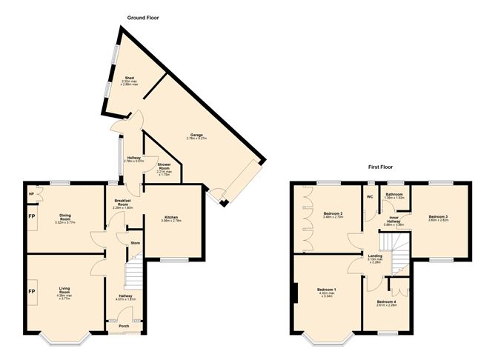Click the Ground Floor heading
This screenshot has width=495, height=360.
[144, 16]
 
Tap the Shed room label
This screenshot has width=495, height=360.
[129, 77]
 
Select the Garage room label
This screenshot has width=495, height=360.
[196, 135]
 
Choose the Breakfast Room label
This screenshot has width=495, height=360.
[122, 202]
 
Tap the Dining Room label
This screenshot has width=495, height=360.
[65, 217]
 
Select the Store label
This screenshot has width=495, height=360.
[135, 242]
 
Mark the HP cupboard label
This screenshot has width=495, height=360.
[31, 195]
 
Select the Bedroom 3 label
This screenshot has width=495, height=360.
[438, 216]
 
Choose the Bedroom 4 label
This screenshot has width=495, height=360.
[386, 301]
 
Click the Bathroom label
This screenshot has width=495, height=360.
[394, 193]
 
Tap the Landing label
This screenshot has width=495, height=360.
[375, 256]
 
